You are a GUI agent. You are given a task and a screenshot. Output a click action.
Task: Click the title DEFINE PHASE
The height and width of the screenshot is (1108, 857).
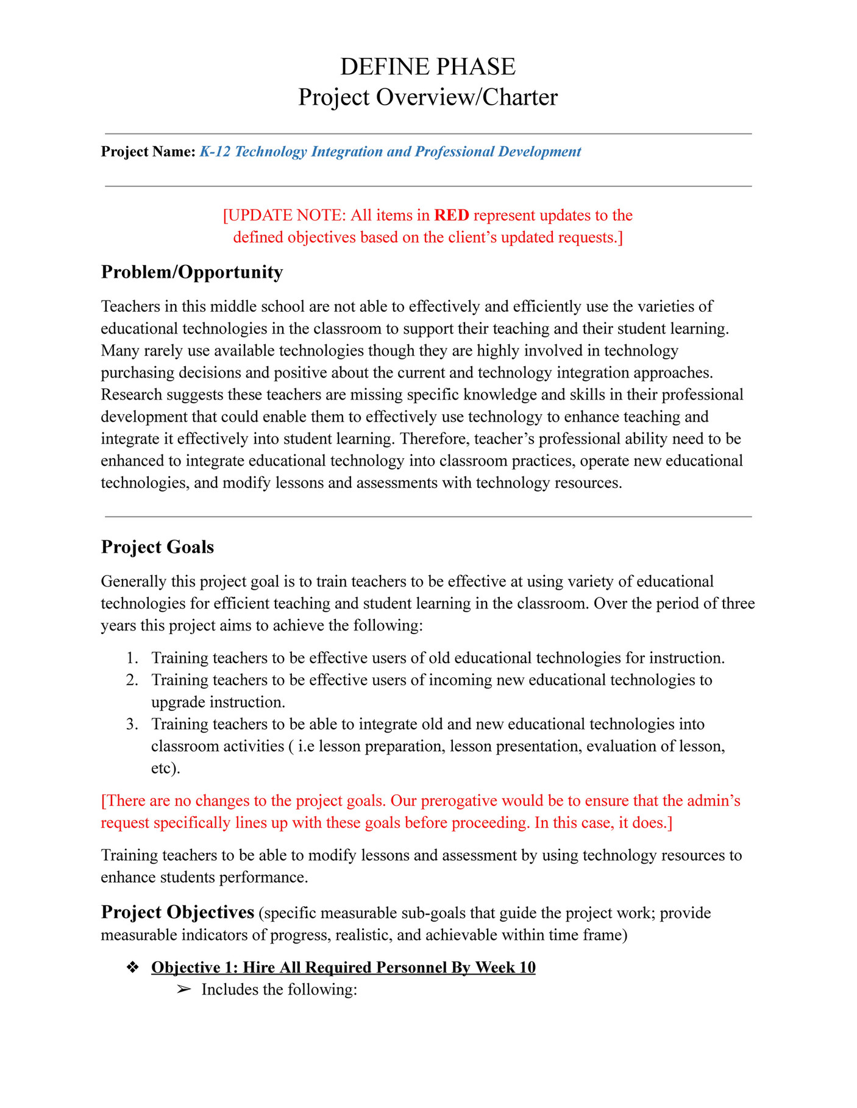(427, 66)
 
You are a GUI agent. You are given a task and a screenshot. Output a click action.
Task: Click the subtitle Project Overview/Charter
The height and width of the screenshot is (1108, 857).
(427, 97)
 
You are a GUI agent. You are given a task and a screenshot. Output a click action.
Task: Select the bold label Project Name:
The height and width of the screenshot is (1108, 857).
(148, 152)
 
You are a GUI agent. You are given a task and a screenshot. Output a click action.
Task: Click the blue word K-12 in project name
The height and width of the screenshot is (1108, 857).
(215, 152)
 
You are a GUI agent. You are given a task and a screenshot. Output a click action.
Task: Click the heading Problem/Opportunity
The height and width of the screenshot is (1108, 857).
(192, 272)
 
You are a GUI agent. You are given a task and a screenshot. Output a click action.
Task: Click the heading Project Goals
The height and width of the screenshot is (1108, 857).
(157, 547)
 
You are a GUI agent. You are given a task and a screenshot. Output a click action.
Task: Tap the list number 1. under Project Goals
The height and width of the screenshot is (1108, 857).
(132, 658)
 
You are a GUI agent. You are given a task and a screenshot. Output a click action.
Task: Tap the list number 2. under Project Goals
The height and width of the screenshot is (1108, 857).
(132, 680)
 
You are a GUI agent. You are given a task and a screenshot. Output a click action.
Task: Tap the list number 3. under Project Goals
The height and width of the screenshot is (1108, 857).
(132, 725)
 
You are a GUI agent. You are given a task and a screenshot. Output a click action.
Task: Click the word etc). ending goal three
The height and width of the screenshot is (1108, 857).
(165, 769)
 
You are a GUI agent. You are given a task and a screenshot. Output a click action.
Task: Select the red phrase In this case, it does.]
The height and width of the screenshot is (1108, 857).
(603, 824)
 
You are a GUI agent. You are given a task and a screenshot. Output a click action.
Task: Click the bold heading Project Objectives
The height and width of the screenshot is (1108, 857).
(177, 912)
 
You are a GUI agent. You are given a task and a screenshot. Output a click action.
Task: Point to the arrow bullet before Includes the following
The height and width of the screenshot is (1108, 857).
(183, 990)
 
